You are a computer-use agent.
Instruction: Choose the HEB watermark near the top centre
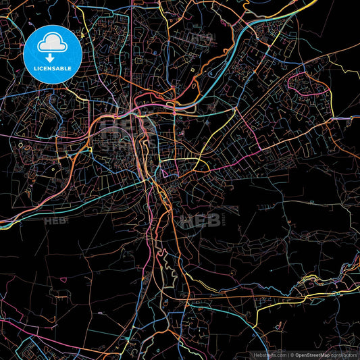click(x=200, y=39)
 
